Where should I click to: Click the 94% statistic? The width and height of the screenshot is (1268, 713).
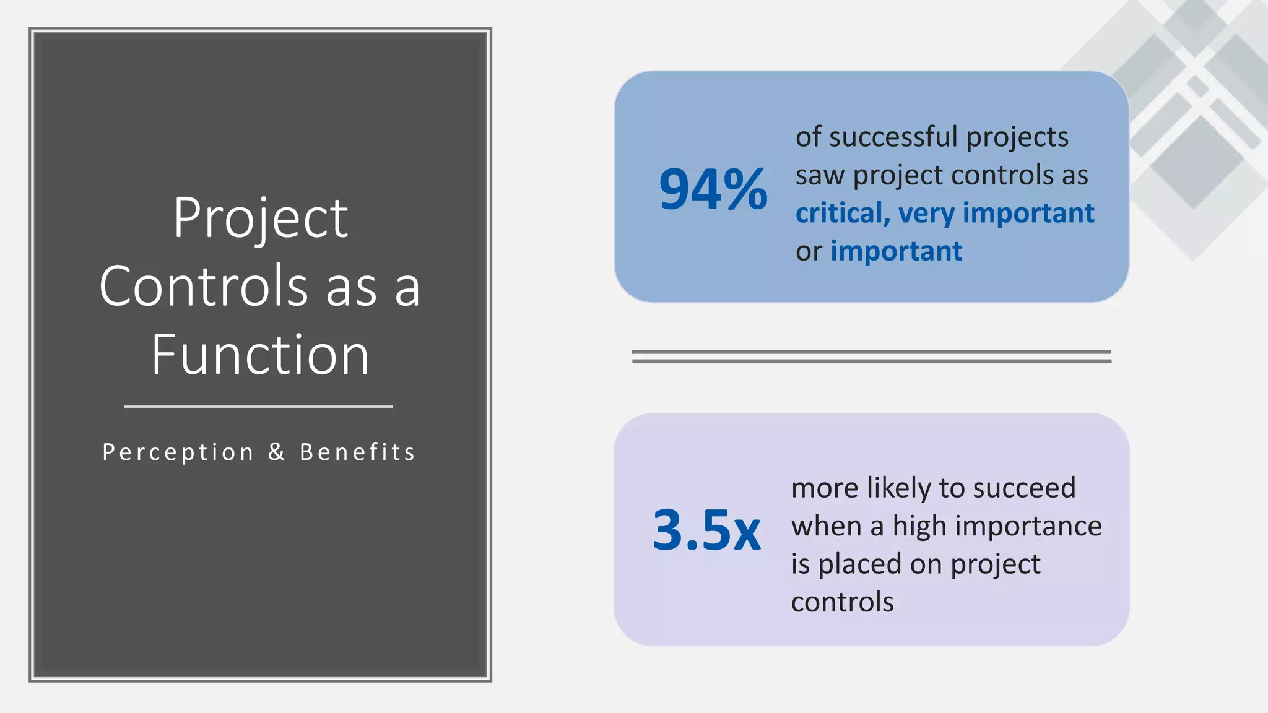coord(713,189)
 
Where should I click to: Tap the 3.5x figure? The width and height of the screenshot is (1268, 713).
coord(706,530)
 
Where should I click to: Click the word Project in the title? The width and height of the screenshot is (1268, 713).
coord(260,218)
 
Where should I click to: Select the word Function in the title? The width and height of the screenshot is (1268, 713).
coord(260,355)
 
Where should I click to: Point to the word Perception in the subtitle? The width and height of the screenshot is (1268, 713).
coord(178,452)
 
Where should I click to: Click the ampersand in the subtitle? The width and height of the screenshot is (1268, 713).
coord(277,452)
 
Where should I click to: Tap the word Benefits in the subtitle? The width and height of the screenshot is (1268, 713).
coord(357,452)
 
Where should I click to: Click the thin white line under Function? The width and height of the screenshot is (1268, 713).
coord(258,407)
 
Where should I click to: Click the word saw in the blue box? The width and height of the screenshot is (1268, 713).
coord(820,176)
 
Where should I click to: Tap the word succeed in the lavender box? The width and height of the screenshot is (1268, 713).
coord(1024,488)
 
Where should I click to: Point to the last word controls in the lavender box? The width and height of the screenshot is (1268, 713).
coord(842,602)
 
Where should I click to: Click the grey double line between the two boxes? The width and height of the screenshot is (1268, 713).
coord(871,356)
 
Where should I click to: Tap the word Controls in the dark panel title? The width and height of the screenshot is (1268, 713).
coord(204,286)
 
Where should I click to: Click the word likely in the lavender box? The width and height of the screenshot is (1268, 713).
coord(899,488)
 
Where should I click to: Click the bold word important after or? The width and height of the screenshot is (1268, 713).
coord(896,251)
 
